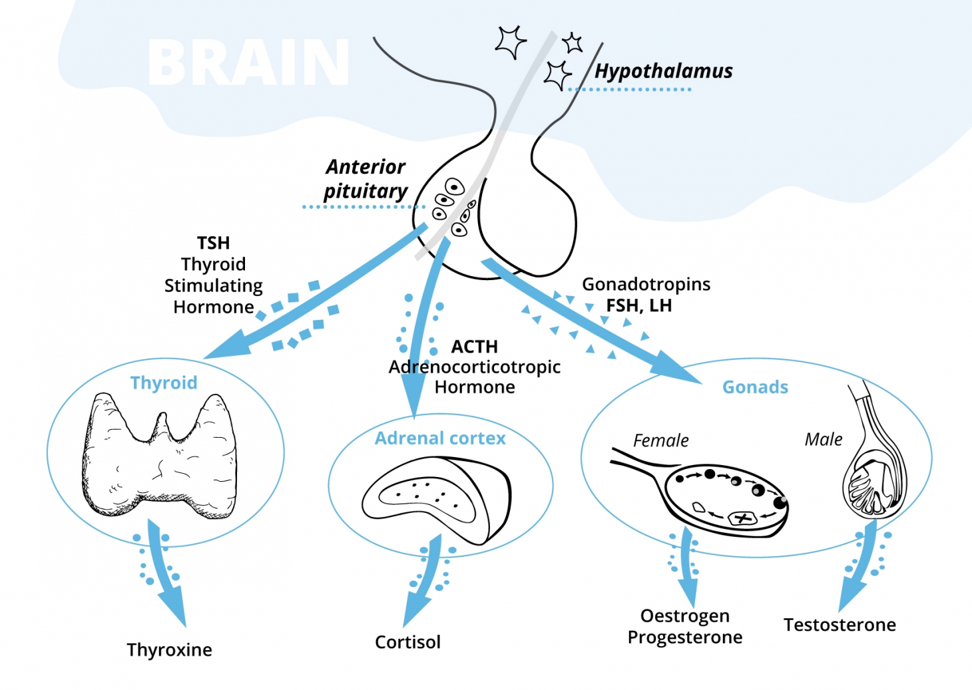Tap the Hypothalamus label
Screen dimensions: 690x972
pos(663,71)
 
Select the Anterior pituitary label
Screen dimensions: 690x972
pos(365,178)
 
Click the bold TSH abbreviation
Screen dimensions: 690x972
pos(213,243)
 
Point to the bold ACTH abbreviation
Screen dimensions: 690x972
pos(474,347)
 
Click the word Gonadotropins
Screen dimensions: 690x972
pos(646,284)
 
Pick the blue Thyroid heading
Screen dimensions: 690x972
pos(164,383)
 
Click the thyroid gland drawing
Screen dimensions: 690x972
pos(160,459)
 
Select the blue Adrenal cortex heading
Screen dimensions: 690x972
pos(440,438)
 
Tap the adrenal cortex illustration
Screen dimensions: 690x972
pos(436,496)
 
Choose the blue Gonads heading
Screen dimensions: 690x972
pos(755,387)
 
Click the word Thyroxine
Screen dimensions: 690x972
pos(169,650)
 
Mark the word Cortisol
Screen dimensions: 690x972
pos(407,642)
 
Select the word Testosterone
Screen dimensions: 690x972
pos(840,625)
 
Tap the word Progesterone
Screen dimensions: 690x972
pos(684,637)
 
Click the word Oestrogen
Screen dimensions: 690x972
pos(684,615)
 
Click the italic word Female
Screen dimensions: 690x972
pos(660,440)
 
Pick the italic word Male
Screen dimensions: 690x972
pos(824,439)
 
